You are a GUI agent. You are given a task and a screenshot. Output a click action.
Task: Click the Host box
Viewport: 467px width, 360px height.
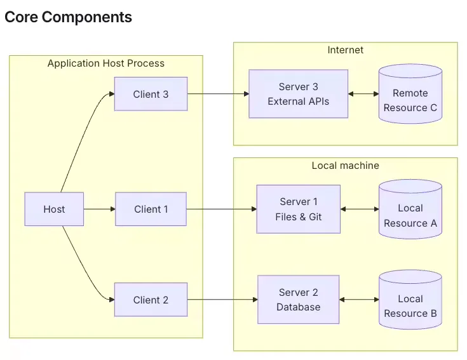(54, 209)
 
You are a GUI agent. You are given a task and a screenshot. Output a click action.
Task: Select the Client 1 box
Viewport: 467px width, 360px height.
(151, 209)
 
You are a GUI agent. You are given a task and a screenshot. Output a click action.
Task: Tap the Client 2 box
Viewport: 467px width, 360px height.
(151, 300)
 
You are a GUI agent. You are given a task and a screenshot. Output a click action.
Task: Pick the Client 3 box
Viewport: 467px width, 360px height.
(151, 94)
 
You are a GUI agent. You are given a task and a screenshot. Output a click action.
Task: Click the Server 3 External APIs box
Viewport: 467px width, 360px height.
(299, 94)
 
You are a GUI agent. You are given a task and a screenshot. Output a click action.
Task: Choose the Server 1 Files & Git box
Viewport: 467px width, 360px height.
(299, 209)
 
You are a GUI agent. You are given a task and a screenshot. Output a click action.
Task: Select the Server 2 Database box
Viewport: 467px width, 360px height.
(299, 300)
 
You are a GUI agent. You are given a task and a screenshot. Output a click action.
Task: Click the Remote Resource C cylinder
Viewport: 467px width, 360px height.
(410, 94)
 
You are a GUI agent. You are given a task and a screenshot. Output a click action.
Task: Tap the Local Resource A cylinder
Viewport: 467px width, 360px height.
(410, 209)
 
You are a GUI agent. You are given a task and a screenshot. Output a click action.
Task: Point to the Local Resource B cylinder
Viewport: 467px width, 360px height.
(410, 300)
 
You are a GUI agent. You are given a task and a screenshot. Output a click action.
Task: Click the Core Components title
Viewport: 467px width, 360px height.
(68, 17)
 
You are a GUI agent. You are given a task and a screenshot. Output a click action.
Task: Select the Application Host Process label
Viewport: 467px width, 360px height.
(106, 63)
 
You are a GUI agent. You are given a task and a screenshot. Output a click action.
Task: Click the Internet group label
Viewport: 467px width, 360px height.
(346, 50)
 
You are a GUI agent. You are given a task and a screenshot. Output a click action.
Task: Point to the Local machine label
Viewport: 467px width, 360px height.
(346, 166)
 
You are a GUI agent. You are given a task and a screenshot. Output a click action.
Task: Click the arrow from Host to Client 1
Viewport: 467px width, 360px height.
(100, 209)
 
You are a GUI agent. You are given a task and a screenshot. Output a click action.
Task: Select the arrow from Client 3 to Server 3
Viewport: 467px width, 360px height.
(219, 94)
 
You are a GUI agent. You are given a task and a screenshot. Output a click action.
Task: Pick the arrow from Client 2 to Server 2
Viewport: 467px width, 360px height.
(222, 300)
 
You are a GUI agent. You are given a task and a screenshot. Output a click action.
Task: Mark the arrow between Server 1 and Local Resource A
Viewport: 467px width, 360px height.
(360, 209)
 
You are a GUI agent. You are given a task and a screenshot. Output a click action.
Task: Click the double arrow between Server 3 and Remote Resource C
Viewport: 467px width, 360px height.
(363, 94)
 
